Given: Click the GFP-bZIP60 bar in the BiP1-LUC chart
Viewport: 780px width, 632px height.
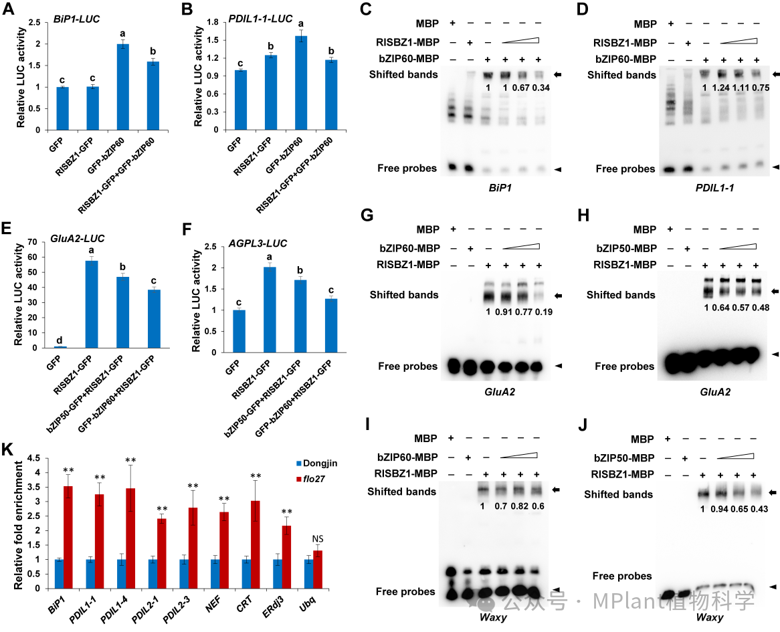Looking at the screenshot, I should tap(123, 87).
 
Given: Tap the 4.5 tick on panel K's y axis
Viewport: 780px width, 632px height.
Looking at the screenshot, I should tap(37, 458).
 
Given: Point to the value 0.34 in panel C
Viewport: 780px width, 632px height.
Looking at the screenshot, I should tap(541, 88).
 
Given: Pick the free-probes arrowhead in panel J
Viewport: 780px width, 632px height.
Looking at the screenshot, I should tap(772, 587).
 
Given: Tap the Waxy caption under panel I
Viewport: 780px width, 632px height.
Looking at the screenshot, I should tap(493, 617).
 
